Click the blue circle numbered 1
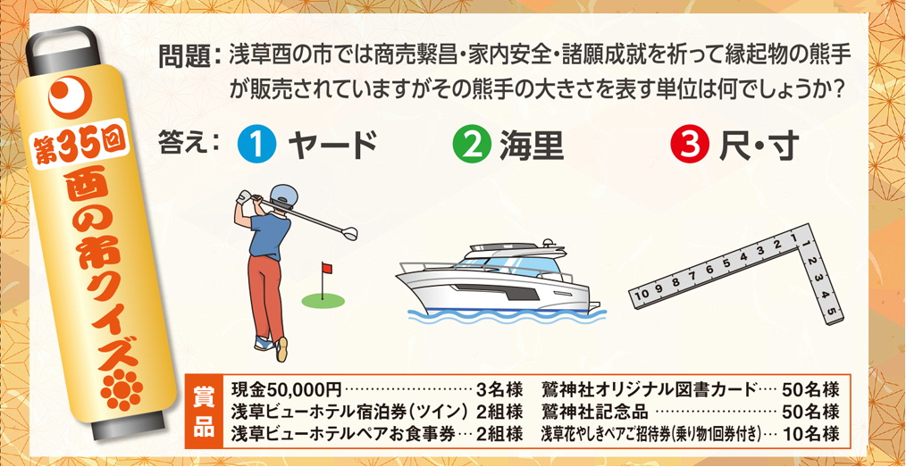coord(255,146)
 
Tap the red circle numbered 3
coord(688,146)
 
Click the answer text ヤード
coord(332,146)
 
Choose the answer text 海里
coord(532,146)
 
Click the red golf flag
coord(326,268)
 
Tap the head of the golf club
coord(350,233)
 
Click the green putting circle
coord(323,301)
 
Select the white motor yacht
coord(498,277)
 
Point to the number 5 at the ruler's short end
coord(832,313)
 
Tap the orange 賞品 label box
coord(204,411)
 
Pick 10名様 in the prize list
coord(810,432)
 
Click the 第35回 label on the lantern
coord(80,146)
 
